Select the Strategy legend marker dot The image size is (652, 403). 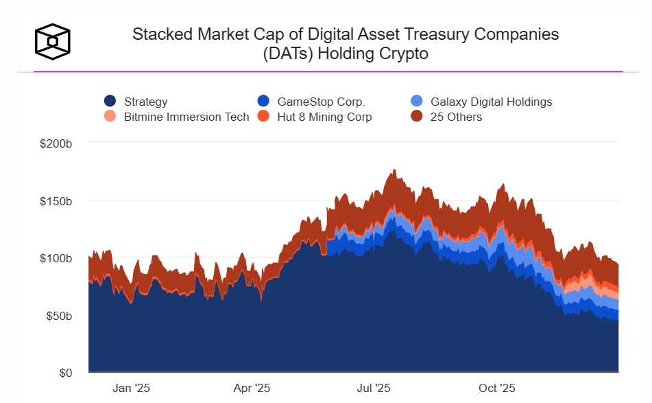click(110, 102)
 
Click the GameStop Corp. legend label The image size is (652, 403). click(321, 102)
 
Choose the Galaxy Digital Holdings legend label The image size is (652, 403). click(491, 102)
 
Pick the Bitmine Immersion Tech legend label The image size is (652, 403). click(186, 117)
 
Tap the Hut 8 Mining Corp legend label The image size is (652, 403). click(324, 117)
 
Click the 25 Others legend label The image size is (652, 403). click(456, 117)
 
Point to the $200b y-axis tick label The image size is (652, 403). click(57, 143)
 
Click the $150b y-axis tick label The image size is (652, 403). click(57, 201)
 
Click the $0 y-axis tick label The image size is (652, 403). click(65, 373)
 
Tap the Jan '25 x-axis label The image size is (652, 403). click(131, 388)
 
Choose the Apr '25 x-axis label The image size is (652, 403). click(252, 388)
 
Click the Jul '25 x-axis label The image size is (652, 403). click(374, 388)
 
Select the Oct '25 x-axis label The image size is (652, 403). click(496, 388)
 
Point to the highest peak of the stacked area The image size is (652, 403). click(394, 170)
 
